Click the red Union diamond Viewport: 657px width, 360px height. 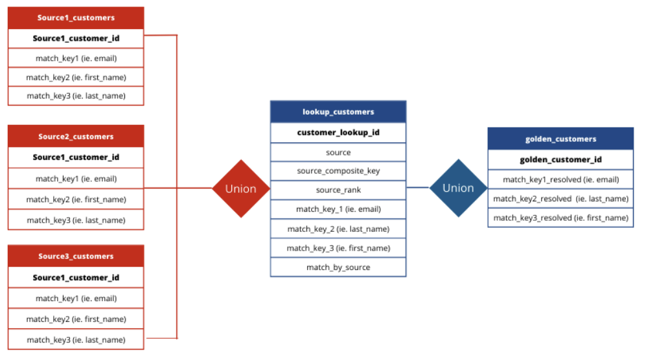[x=240, y=188]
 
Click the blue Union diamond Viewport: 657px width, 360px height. [x=458, y=188]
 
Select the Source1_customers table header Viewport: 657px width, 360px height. [x=76, y=17]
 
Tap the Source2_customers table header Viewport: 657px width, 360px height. [x=76, y=137]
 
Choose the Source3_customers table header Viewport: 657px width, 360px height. [x=76, y=256]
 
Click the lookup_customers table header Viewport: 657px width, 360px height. [x=338, y=112]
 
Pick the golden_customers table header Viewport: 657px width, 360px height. [x=560, y=139]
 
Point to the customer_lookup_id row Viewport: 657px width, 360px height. [x=338, y=133]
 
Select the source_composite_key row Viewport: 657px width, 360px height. [x=338, y=171]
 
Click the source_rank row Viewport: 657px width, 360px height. [x=338, y=190]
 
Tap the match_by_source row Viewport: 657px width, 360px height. [x=338, y=267]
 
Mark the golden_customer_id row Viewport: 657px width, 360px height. [x=560, y=160]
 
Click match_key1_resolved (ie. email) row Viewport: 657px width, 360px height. [x=560, y=179]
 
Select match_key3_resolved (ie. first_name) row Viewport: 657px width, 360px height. [x=560, y=218]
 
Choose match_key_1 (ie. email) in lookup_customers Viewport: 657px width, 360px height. [x=338, y=209]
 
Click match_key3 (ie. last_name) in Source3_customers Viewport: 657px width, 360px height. [x=76, y=339]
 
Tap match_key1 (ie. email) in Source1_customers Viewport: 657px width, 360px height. [x=76, y=58]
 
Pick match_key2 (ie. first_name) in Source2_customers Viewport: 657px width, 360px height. [x=76, y=199]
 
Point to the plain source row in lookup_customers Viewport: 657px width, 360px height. [x=338, y=152]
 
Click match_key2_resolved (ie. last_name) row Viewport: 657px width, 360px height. [x=560, y=199]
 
